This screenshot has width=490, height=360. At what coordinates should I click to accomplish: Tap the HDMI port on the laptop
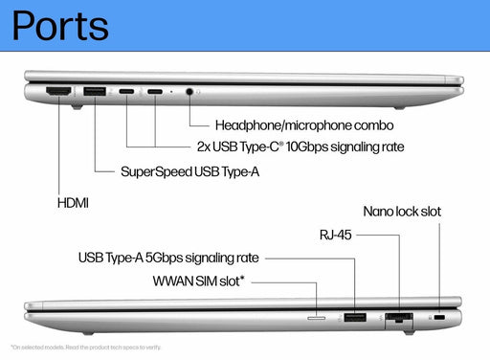[59, 92]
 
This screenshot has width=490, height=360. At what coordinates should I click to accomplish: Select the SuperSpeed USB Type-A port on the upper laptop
[95, 92]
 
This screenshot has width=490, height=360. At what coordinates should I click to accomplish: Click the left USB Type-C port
[127, 92]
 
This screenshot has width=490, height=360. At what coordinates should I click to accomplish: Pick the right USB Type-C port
[154, 92]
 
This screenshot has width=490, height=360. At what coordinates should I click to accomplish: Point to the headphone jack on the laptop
[190, 92]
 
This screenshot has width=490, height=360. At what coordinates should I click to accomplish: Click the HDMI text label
[76, 204]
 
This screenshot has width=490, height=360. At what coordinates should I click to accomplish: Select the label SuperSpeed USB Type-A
[189, 172]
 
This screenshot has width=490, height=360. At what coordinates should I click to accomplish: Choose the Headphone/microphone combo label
[303, 124]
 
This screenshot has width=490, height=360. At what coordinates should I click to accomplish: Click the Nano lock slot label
[402, 211]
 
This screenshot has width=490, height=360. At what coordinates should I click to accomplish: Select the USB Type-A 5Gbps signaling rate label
[168, 258]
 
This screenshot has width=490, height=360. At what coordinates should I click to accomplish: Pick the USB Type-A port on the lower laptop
[354, 316]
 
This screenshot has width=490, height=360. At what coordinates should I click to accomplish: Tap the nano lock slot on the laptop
[440, 317]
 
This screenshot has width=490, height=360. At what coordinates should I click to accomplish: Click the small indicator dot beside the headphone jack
[171, 92]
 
